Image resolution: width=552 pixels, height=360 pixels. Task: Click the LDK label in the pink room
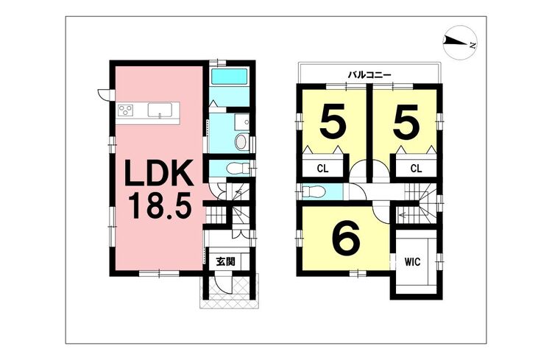(158, 175)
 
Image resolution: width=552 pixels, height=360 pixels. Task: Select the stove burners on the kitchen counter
(125, 111)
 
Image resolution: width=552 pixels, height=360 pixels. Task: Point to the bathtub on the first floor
(230, 77)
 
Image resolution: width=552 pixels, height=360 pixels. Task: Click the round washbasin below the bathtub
(240, 141)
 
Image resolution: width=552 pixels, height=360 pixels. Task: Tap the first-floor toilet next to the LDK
(235, 168)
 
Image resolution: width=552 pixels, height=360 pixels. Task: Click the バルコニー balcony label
(369, 74)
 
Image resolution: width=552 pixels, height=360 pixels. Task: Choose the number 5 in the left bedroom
(333, 122)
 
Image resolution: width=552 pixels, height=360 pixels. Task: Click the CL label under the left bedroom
(322, 168)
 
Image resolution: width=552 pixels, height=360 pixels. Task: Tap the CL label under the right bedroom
(416, 168)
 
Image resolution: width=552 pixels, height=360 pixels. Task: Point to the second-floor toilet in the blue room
(314, 193)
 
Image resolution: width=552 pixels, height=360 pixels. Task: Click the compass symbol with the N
(460, 44)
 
